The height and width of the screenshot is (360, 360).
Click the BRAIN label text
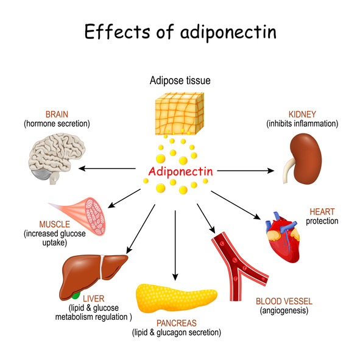pyautogui.click(x=57, y=114)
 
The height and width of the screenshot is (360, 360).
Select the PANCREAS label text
pyautogui.click(x=177, y=323)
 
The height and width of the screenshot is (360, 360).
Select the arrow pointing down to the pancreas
pyautogui.click(x=175, y=244)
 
